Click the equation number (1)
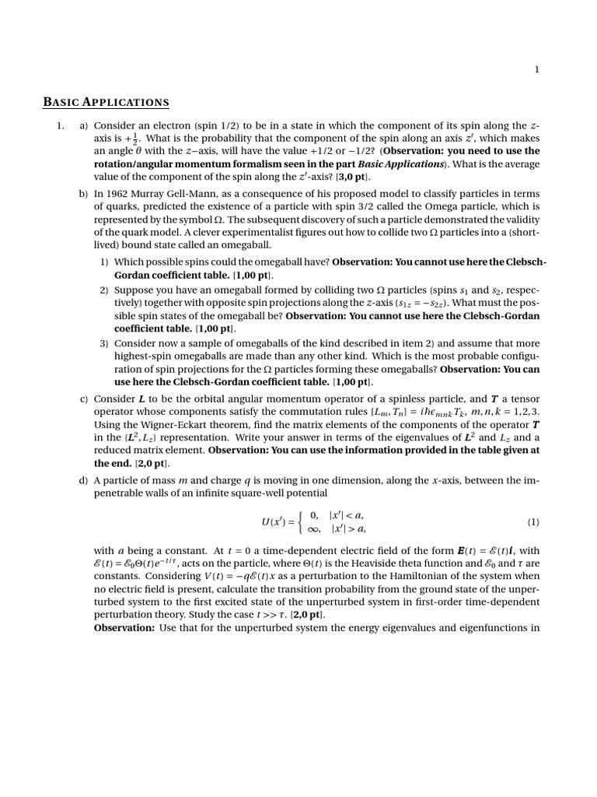(x=532, y=521)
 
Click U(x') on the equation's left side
(x=277, y=522)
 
